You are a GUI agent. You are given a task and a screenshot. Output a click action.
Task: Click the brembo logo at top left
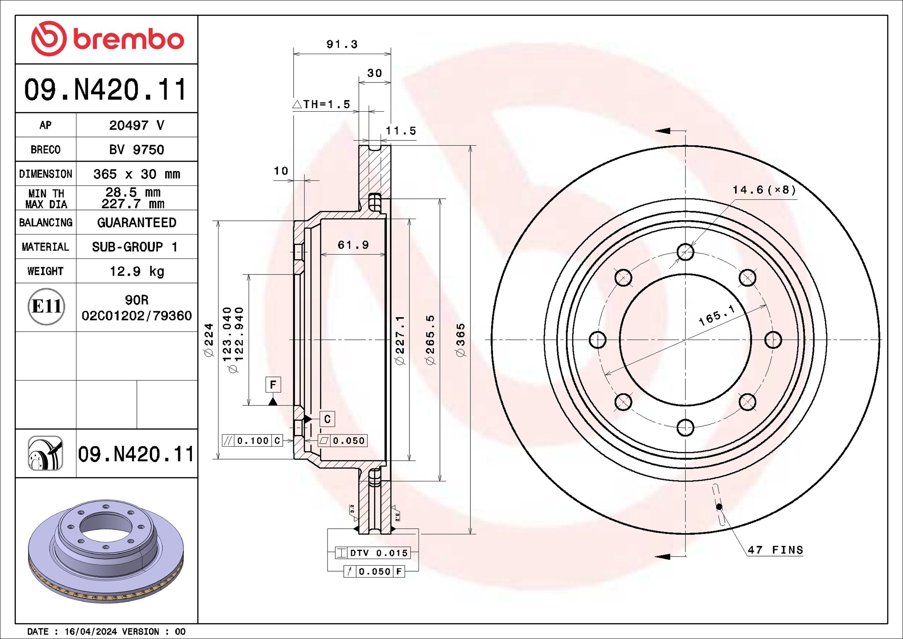[x=107, y=39]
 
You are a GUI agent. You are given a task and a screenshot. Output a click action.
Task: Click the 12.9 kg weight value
[x=136, y=271]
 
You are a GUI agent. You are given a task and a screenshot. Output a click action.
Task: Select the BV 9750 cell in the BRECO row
[x=136, y=149]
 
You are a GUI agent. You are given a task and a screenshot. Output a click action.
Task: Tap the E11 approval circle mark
[x=46, y=307]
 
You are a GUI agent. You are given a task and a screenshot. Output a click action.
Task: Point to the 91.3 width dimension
[x=342, y=44]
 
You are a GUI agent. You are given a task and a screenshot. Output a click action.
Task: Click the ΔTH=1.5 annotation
[x=322, y=104]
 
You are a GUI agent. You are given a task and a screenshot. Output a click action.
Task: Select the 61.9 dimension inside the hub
[x=353, y=245]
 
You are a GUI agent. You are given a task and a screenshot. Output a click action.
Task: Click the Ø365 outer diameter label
[x=460, y=340]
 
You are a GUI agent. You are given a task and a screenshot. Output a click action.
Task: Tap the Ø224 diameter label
[x=209, y=340]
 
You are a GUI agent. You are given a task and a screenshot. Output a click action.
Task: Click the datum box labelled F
[x=273, y=385]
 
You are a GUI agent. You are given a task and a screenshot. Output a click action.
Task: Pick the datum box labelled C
[x=327, y=419]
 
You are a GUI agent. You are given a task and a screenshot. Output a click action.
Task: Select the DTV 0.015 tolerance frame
[x=373, y=553]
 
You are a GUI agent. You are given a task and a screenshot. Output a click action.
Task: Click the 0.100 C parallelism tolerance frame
[x=252, y=441]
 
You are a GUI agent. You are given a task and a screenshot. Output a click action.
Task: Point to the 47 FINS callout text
[x=775, y=550]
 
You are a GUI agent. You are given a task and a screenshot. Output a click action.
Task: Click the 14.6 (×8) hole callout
[x=764, y=190]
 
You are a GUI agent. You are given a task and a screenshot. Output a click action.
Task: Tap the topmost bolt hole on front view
[x=685, y=252]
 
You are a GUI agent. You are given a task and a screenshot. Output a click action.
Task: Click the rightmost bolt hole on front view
[x=773, y=340]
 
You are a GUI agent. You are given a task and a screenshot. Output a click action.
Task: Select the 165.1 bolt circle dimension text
[x=717, y=316]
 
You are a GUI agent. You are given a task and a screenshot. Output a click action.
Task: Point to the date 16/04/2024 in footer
[x=91, y=631]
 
